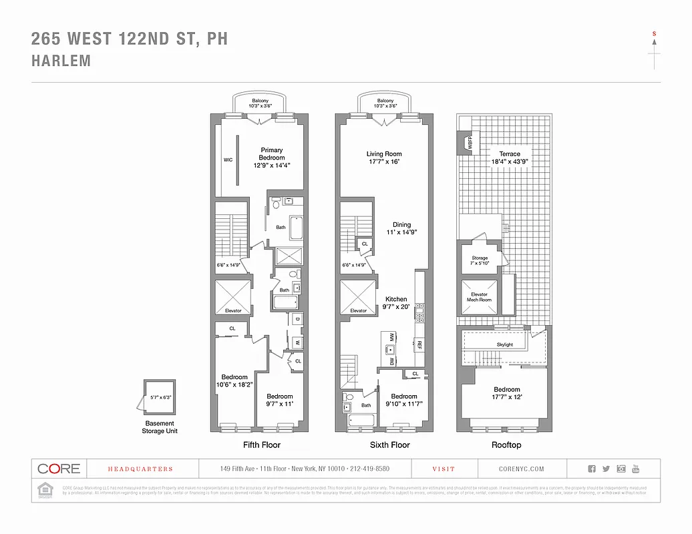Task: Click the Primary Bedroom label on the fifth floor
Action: (272, 158)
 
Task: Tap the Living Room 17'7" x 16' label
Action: (384, 158)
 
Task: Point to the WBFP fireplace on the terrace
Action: (469, 142)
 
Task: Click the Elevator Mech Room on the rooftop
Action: (480, 297)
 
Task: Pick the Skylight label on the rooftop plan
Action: (504, 344)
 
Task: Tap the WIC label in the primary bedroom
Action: (227, 160)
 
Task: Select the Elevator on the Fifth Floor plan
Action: (233, 297)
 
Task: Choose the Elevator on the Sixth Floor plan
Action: (359, 297)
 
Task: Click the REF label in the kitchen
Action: (419, 345)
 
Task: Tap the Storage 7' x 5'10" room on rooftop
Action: (480, 260)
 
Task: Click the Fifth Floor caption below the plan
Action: (261, 445)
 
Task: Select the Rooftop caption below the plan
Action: (506, 445)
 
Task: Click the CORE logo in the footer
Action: (59, 469)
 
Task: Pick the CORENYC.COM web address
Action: (521, 469)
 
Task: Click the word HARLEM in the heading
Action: (61, 61)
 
